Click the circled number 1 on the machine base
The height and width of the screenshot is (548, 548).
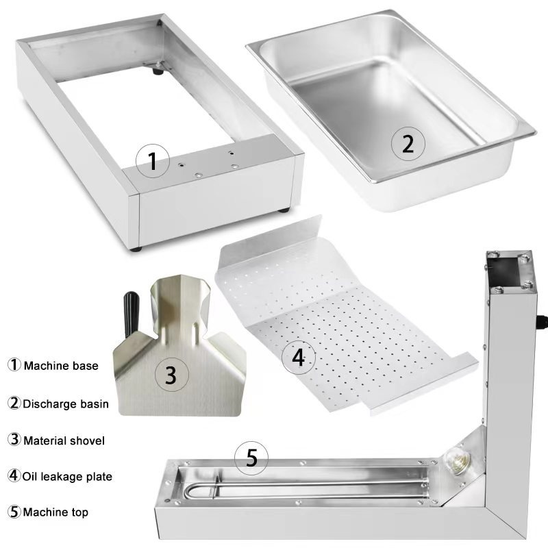[152, 161]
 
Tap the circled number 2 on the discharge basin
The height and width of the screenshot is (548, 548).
[408, 144]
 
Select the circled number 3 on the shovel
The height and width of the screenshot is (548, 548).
[171, 374]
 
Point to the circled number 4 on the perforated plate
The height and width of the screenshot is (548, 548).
[299, 358]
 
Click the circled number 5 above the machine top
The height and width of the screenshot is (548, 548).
[251, 458]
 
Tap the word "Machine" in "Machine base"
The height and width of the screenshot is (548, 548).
[47, 366]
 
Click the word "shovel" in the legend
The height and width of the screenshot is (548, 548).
[88, 440]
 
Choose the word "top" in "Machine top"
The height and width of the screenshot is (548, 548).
[80, 512]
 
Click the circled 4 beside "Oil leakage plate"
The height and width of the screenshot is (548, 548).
[14, 475]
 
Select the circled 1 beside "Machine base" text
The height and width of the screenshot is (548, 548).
[14, 364]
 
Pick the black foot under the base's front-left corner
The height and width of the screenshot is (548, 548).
[136, 249]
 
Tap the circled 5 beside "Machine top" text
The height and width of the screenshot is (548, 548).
[14, 512]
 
